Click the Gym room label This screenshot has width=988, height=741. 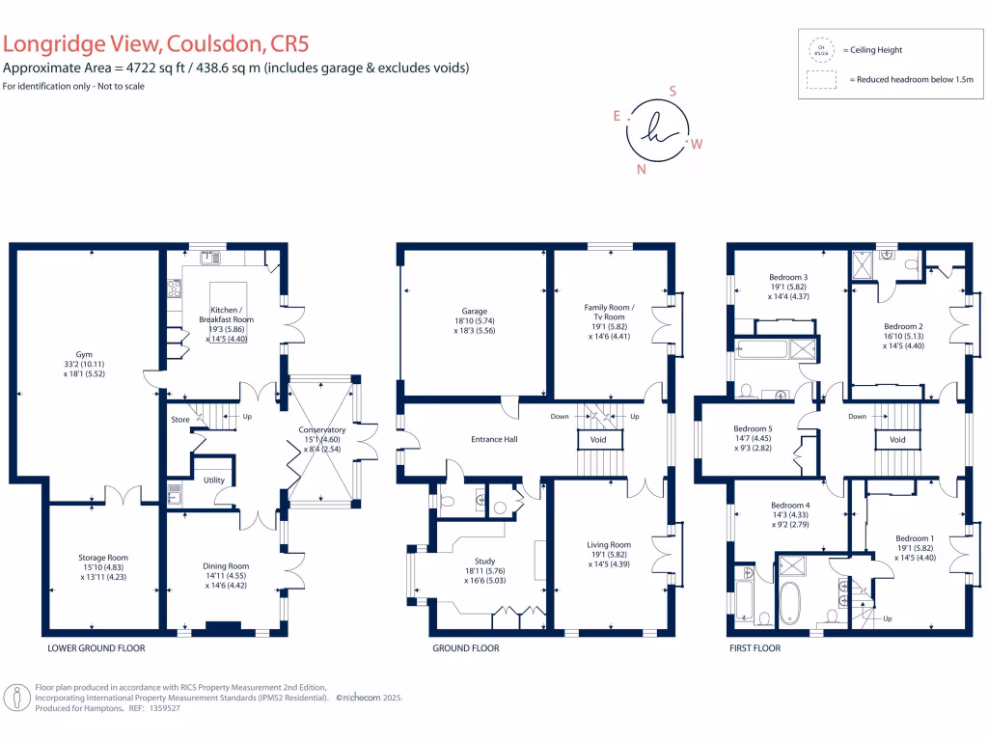[85, 355]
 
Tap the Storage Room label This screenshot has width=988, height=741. [103, 558]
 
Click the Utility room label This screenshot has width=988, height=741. [214, 480]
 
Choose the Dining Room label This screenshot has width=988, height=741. [226, 566]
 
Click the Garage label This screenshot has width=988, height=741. [474, 312]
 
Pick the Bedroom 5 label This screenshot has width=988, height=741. [753, 429]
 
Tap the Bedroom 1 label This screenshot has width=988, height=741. [915, 538]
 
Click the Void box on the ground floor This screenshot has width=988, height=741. [598, 440]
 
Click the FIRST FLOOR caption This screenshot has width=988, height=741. [755, 648]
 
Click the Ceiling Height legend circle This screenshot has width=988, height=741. [821, 49]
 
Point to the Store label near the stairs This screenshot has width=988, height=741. [180, 420]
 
